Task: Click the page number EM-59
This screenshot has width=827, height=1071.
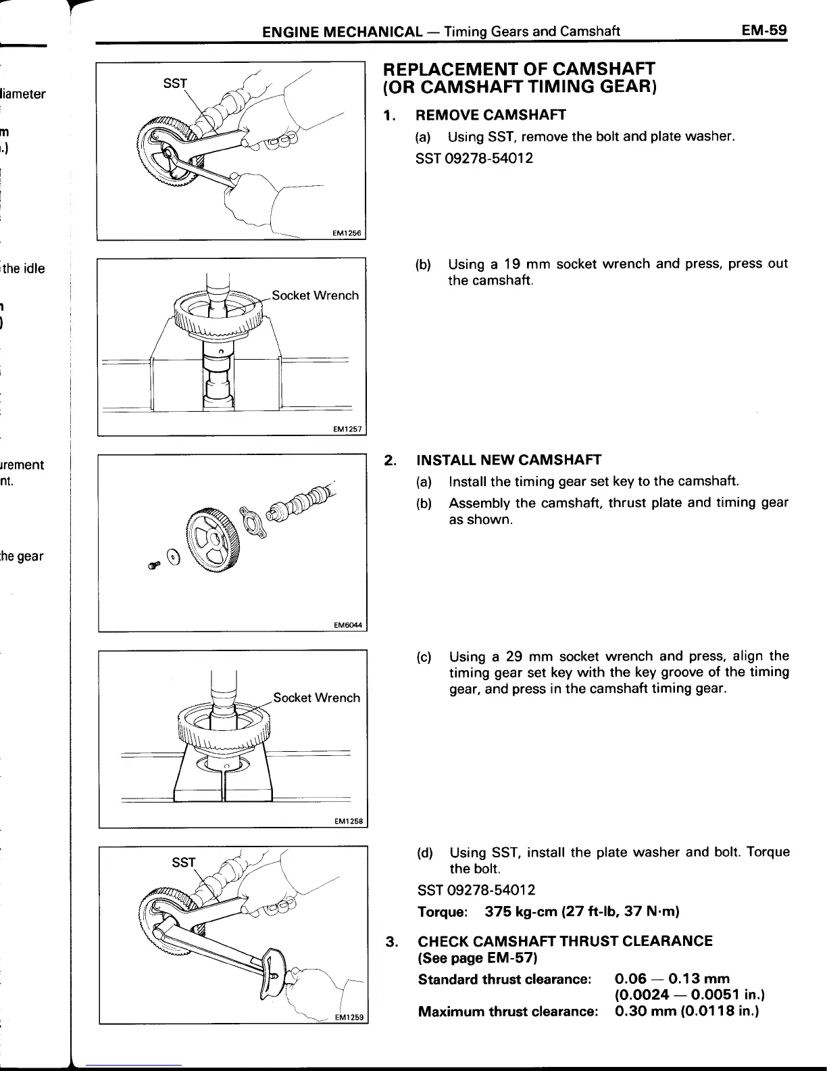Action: (x=764, y=30)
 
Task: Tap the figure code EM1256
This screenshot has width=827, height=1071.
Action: (x=348, y=234)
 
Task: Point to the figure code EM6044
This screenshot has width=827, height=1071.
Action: (x=349, y=625)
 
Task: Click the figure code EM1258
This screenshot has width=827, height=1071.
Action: (x=349, y=822)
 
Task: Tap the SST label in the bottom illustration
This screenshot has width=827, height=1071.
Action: (x=182, y=862)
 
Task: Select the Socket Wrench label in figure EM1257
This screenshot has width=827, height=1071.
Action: (x=315, y=295)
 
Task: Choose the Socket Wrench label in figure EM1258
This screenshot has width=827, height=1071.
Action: (x=316, y=698)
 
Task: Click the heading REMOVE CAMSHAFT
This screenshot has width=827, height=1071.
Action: (x=491, y=115)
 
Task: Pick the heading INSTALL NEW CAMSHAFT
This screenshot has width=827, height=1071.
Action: (x=509, y=460)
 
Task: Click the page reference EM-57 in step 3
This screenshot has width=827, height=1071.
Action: (x=511, y=957)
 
